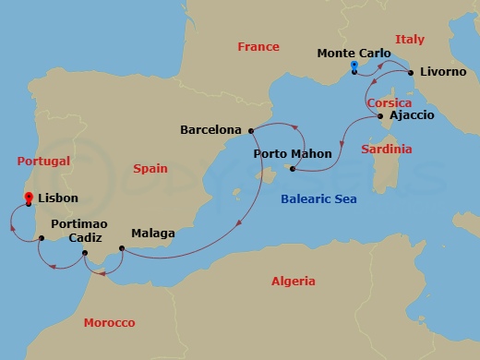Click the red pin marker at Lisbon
click(29, 197)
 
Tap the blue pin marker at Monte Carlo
click(354, 66)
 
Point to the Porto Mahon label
click(293, 153)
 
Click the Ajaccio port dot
click(380, 116)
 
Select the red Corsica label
click(389, 103)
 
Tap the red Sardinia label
click(388, 149)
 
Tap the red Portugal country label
click(43, 161)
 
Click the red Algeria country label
click(293, 281)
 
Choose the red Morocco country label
click(109, 322)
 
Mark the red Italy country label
click(409, 39)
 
